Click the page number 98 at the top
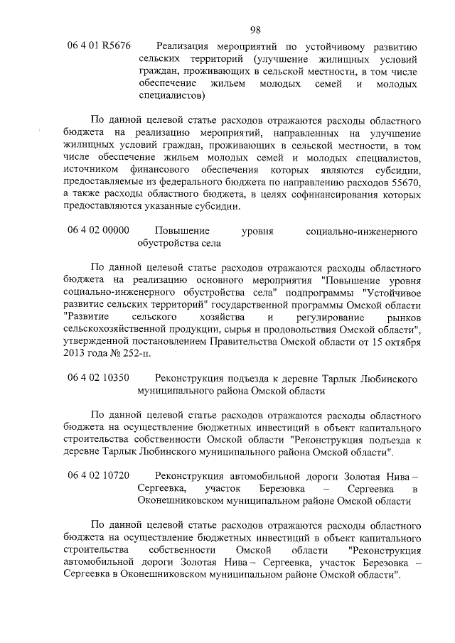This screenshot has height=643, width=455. pos(257,29)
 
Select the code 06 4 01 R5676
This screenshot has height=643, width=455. pos(99,45)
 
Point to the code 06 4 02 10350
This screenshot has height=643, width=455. pos(99,377)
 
